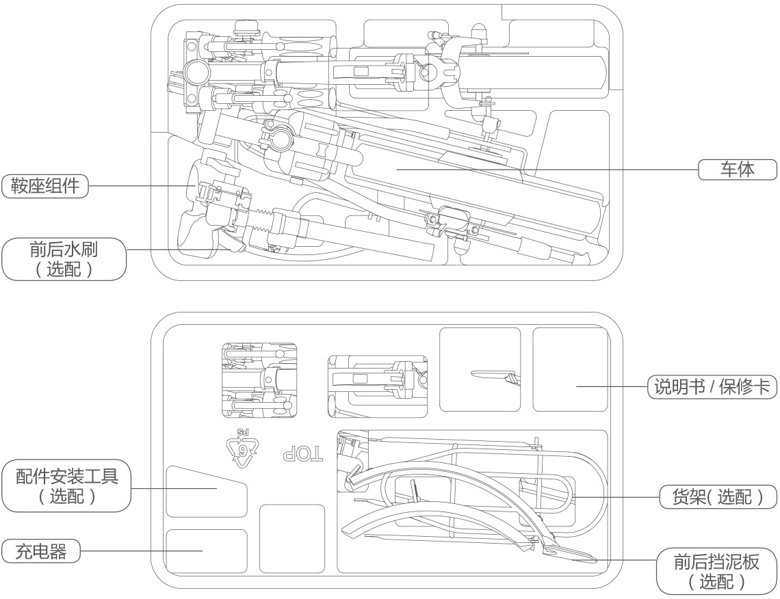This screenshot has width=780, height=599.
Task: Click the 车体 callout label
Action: [x=737, y=170]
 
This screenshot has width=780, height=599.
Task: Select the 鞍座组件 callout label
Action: [x=47, y=187]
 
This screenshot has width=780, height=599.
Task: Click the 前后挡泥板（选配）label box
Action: [x=716, y=572]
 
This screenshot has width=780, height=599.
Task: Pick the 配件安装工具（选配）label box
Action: [x=66, y=485]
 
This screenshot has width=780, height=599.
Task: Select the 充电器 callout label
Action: [x=41, y=551]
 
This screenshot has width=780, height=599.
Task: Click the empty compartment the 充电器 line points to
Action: [x=206, y=551]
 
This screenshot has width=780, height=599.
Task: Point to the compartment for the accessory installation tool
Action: [x=205, y=491]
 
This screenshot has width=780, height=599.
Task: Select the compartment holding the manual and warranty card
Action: [x=570, y=369]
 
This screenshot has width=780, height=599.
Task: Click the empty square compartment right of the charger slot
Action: [x=292, y=538]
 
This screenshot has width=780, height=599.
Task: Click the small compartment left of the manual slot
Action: [x=480, y=369]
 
